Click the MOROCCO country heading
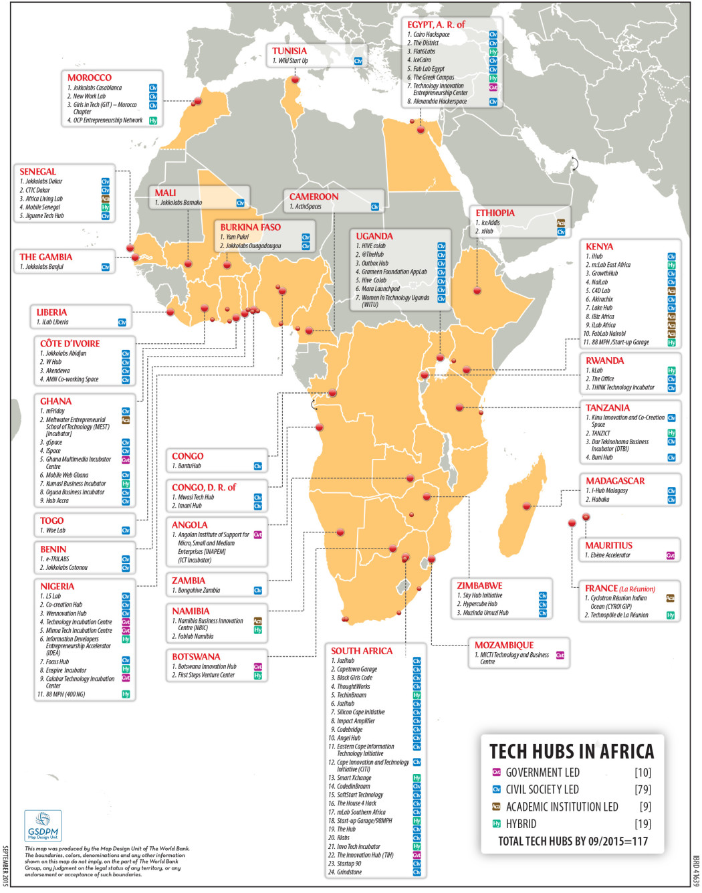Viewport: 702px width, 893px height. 89,78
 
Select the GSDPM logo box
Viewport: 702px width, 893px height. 43,825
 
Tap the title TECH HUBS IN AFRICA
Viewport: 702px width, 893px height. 572,751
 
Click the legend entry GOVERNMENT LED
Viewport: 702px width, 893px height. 542,773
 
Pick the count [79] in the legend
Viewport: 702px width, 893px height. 642,790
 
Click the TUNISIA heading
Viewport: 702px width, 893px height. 289,51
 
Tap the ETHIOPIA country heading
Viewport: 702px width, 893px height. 495,213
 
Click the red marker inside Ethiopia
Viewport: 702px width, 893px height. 477,290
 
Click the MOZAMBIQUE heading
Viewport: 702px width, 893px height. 504,645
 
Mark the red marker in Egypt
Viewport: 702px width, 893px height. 421,129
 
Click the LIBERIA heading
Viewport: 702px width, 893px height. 51,312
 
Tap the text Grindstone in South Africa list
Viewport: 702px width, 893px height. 349,872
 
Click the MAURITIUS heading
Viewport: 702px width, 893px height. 608,545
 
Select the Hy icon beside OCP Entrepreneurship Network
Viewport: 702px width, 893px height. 153,120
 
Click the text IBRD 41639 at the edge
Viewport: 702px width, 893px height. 696,870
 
